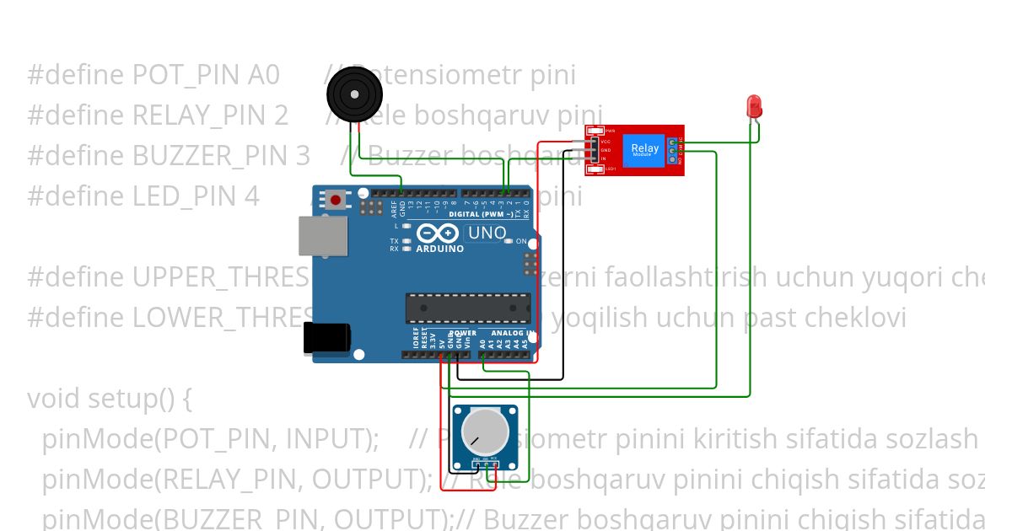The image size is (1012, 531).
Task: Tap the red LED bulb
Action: click(753, 105)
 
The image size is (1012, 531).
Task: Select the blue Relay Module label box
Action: click(646, 151)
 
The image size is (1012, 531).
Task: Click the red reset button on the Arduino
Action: click(336, 201)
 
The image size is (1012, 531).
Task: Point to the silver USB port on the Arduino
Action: click(321, 235)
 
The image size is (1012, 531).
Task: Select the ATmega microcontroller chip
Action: click(468, 308)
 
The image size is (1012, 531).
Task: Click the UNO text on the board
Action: click(487, 233)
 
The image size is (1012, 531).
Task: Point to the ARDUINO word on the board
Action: click(439, 249)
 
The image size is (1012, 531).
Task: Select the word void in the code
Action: click(52, 398)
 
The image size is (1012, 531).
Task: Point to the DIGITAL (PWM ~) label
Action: click(485, 214)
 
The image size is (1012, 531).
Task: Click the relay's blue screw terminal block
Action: click(672, 151)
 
